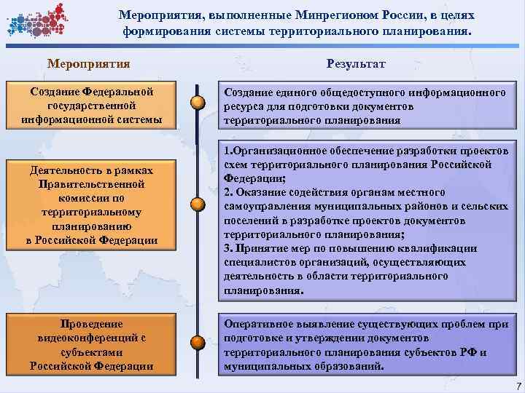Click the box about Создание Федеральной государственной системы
(92, 106)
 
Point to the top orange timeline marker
(197, 102)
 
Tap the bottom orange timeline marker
(197, 341)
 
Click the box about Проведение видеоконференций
(92, 344)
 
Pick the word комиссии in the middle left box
(92, 196)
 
